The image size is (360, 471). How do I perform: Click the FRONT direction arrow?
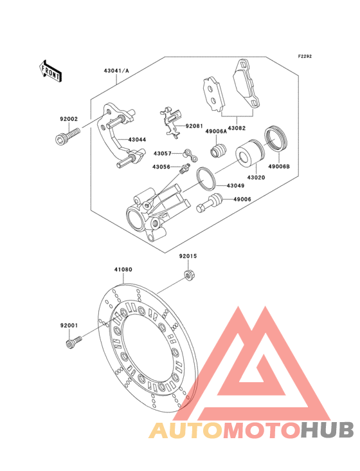[50, 71]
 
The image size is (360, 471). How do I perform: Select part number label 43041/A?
[116, 71]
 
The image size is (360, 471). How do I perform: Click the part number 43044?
[137, 140]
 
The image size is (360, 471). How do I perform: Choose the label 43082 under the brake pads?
[237, 128]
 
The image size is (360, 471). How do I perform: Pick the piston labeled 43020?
[250, 152]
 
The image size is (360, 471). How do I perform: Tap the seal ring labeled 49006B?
[276, 138]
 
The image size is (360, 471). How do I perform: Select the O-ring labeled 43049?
[206, 178]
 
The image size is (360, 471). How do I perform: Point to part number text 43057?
[163, 154]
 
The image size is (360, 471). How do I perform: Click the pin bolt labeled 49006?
[209, 203]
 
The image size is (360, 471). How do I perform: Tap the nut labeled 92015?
[188, 275]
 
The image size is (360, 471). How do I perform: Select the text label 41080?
[123, 270]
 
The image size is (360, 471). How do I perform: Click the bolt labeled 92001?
[73, 343]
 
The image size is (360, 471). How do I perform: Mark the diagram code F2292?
[305, 57]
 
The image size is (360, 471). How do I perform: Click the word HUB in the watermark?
[328, 430]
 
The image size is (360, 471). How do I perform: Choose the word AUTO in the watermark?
[186, 430]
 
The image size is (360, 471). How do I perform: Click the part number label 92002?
[69, 119]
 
